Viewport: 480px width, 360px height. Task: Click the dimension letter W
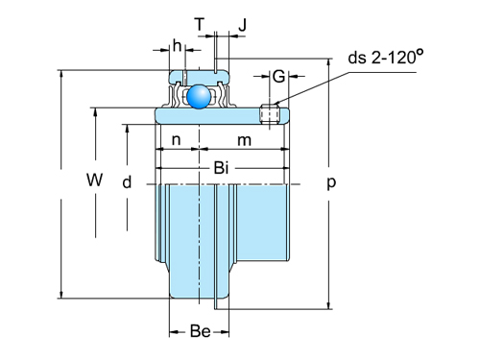(93, 180)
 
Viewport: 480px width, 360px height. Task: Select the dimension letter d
(126, 181)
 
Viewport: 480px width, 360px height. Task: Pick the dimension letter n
(176, 141)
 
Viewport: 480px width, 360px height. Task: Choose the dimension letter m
(244, 141)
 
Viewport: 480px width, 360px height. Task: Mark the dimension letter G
(277, 76)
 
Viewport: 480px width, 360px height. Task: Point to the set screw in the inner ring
(271, 114)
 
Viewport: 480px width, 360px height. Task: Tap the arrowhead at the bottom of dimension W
(61, 294)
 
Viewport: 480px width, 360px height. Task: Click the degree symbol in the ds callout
(419, 52)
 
